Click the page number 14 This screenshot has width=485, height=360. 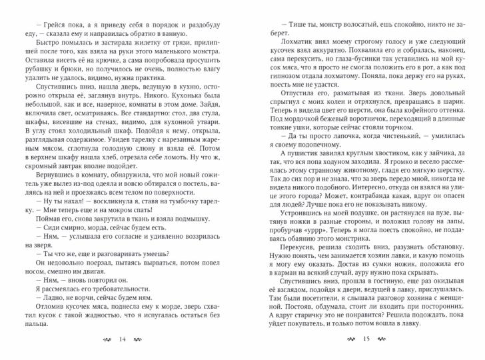[x=122, y=339]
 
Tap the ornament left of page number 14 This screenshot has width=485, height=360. [x=103, y=339]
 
